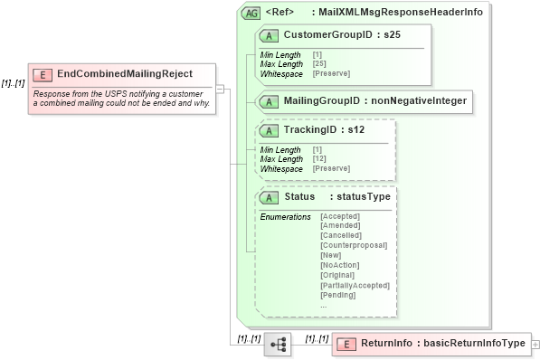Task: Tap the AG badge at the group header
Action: (x=251, y=14)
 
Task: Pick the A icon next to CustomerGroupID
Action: (x=270, y=35)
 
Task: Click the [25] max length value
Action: (x=318, y=63)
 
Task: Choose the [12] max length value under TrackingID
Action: (x=318, y=159)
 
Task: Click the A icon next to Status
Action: (x=270, y=197)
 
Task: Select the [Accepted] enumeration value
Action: (x=340, y=217)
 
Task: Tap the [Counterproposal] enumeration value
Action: (x=354, y=246)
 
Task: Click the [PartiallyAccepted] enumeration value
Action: (x=355, y=286)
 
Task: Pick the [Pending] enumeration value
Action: (x=338, y=296)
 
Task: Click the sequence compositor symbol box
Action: (x=278, y=345)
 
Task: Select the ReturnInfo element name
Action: (x=386, y=344)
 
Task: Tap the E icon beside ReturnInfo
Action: (x=347, y=344)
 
